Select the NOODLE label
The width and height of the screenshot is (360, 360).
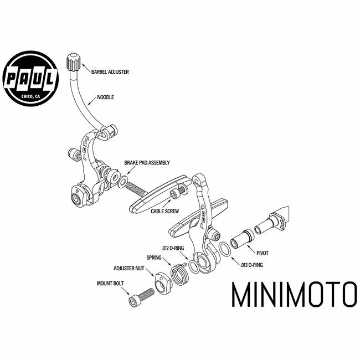click(105, 97)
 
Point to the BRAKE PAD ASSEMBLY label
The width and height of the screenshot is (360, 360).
click(147, 163)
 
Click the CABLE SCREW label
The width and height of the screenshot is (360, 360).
click(164, 211)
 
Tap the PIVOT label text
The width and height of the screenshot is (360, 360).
click(263, 253)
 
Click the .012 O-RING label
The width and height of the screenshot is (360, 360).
click(173, 248)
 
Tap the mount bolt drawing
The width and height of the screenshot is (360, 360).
click(142, 296)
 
